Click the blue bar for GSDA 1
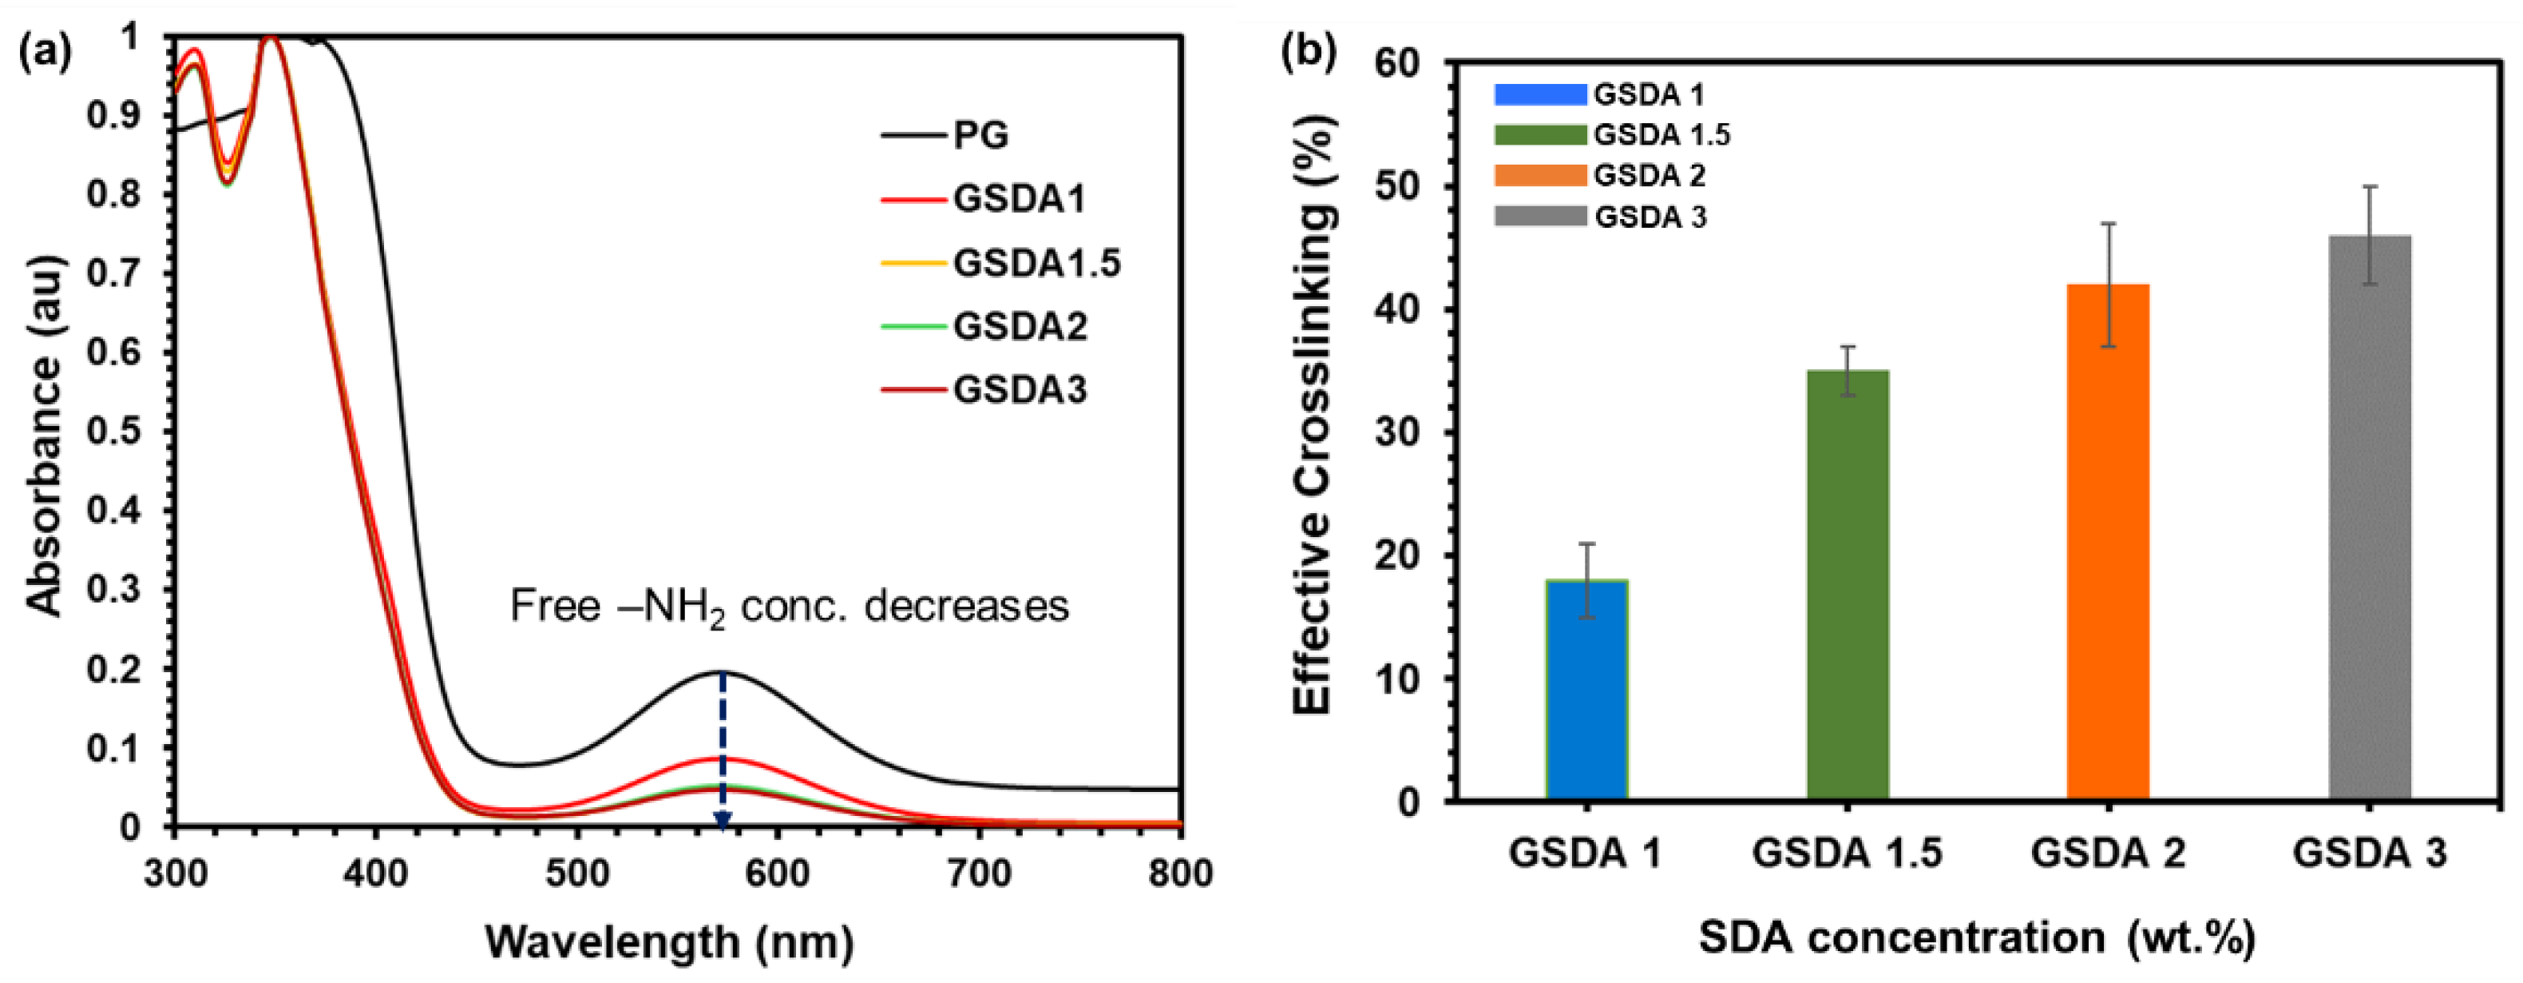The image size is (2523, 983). [1586, 691]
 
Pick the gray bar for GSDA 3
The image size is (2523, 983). [2369, 519]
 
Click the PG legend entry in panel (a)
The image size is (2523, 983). [980, 135]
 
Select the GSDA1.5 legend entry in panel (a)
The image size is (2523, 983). [1036, 263]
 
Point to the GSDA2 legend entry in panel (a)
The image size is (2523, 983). [1020, 326]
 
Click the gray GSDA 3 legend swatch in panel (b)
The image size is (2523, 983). [1539, 217]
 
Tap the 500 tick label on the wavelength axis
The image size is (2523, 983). [576, 872]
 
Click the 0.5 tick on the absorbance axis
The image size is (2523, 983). [116, 432]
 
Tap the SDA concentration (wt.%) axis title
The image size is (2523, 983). [1976, 938]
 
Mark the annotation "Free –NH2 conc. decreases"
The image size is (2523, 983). [789, 607]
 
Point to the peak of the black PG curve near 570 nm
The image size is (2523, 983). [722, 671]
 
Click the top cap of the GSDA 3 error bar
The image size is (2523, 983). [2369, 186]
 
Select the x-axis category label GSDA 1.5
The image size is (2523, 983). [1848, 853]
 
